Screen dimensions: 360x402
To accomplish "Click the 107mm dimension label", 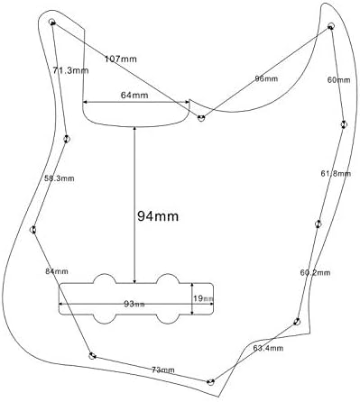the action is click(121, 59).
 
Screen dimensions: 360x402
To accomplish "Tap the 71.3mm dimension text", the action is click(70, 70).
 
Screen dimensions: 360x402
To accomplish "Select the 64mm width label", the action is click(134, 96).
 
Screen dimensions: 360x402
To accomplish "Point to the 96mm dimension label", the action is click(266, 78).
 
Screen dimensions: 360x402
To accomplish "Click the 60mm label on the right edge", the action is click(338, 80).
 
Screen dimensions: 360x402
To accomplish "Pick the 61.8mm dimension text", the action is click(336, 173).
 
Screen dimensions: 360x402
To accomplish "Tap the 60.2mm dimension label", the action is click(315, 272).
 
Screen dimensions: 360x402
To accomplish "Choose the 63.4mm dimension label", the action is click(268, 348).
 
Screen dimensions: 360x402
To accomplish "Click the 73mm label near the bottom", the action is click(163, 370).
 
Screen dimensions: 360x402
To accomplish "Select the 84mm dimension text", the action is click(57, 271).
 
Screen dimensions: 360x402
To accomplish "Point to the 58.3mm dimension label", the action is click(60, 178).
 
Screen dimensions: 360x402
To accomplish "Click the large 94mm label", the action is click(158, 216).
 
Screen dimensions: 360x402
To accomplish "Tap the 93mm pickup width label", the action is click(134, 304).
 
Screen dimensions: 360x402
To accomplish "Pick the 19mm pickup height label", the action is click(203, 298).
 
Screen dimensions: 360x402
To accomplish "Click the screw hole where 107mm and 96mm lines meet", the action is click(201, 118).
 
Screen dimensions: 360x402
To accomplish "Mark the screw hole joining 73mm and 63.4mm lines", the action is click(210, 382).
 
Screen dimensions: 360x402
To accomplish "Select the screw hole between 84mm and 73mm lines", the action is click(92, 356).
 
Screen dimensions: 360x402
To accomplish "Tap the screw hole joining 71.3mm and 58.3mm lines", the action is click(67, 139).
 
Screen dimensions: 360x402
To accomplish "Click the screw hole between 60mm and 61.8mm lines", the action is click(344, 124).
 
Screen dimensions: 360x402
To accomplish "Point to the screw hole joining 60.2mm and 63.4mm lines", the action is click(297, 321).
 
